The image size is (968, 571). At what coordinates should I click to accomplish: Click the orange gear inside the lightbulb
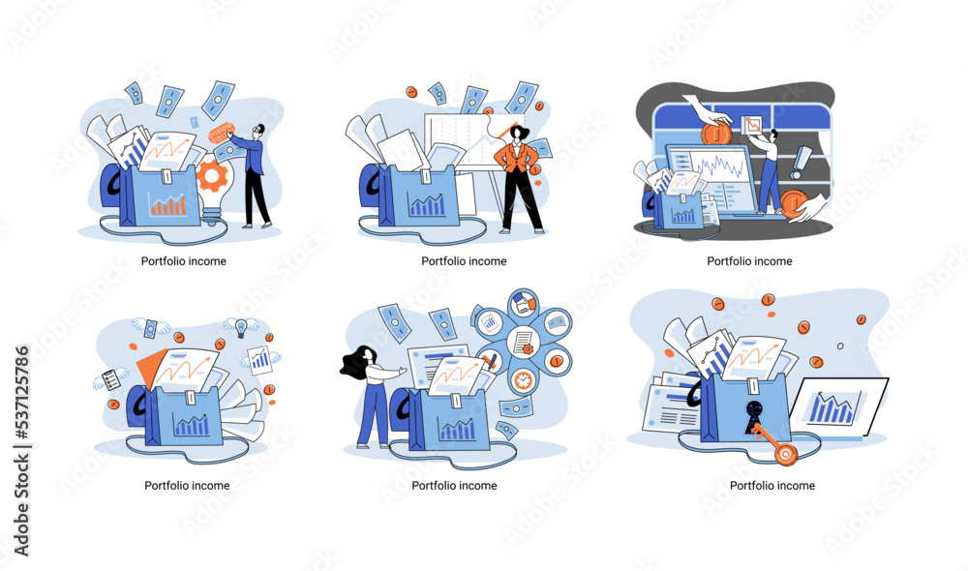point(212,175)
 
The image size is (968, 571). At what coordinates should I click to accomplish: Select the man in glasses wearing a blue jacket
point(253,176)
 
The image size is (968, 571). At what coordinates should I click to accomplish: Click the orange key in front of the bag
point(774,441)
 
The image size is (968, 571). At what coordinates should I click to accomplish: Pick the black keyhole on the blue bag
point(753,415)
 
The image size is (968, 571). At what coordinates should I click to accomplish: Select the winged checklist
point(111,378)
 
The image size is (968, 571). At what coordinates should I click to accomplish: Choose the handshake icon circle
point(524,304)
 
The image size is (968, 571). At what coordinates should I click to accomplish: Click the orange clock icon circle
point(524,380)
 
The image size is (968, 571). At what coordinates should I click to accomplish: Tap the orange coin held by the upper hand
point(716,133)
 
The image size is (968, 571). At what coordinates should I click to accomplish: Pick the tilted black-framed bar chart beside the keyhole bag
point(839,406)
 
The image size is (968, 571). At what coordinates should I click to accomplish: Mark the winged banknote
point(151,328)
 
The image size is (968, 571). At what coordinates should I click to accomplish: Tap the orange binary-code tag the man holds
point(221,134)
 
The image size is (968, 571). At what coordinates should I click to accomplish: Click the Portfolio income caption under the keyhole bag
point(771,486)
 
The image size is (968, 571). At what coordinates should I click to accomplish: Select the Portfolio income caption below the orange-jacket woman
point(464,261)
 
